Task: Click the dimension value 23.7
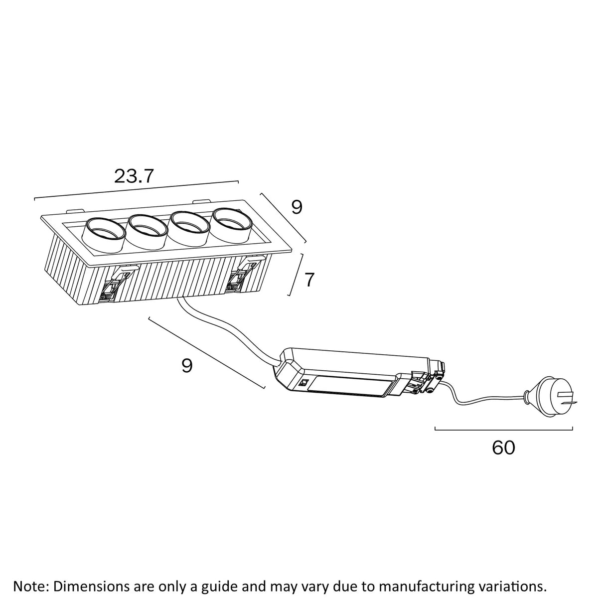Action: (x=135, y=176)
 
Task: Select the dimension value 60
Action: (x=503, y=448)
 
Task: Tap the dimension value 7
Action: (x=309, y=280)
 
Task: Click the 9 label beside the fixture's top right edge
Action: (x=297, y=207)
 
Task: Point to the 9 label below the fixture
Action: (x=187, y=366)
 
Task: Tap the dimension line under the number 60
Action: (x=503, y=428)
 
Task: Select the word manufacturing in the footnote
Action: (x=420, y=585)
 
